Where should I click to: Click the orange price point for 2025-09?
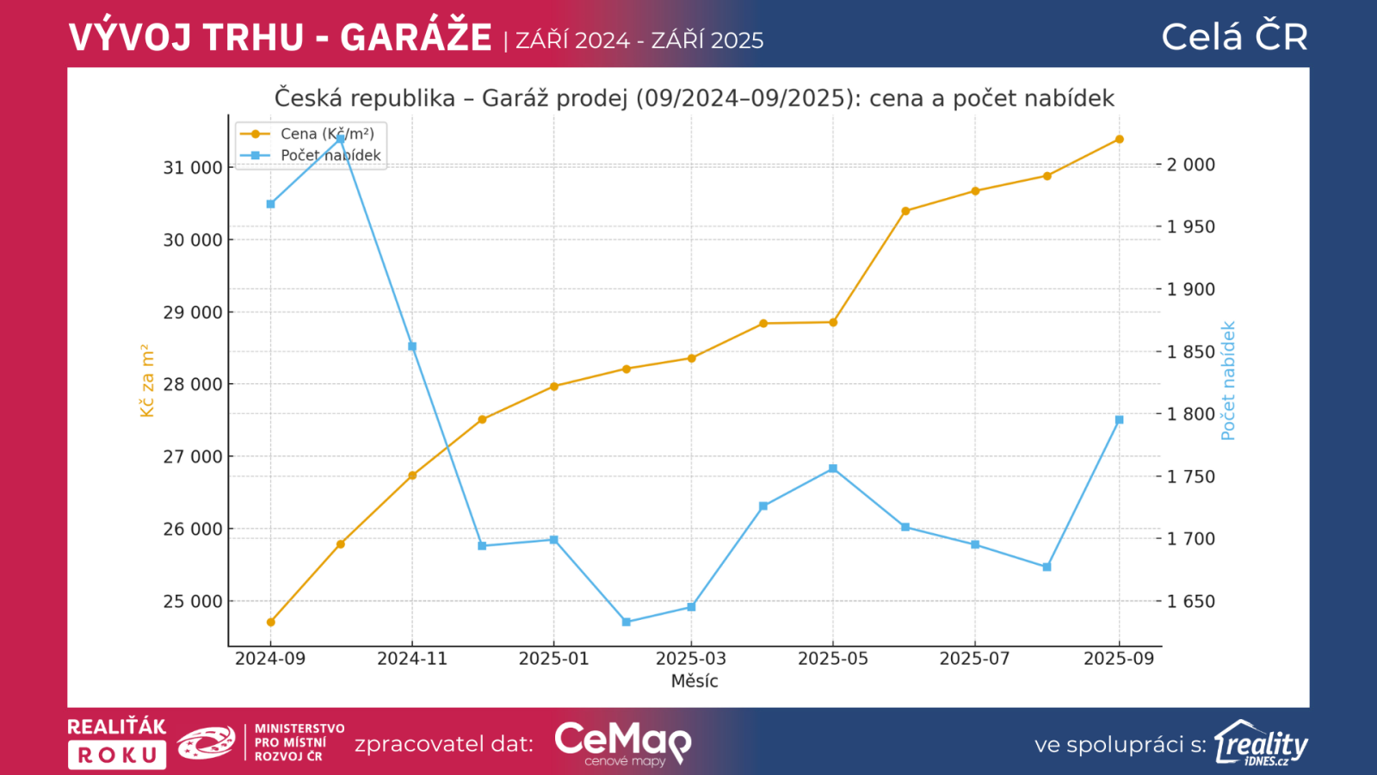(1119, 139)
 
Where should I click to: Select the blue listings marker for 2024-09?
(270, 204)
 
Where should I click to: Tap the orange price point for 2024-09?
(270, 622)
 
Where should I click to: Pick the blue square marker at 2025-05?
(833, 468)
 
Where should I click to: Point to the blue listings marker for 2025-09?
(1119, 420)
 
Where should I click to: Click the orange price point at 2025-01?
(554, 387)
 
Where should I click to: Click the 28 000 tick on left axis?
(193, 385)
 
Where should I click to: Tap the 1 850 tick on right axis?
(1191, 352)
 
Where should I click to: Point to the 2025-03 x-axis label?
(691, 659)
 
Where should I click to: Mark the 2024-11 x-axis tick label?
(412, 659)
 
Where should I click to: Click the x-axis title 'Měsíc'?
(695, 681)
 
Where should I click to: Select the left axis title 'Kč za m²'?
(147, 381)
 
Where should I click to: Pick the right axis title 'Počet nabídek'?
(1228, 381)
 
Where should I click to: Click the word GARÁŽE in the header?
(416, 38)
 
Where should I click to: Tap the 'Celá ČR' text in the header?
(1234, 37)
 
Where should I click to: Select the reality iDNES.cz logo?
(1262, 744)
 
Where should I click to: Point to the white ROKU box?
(117, 755)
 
